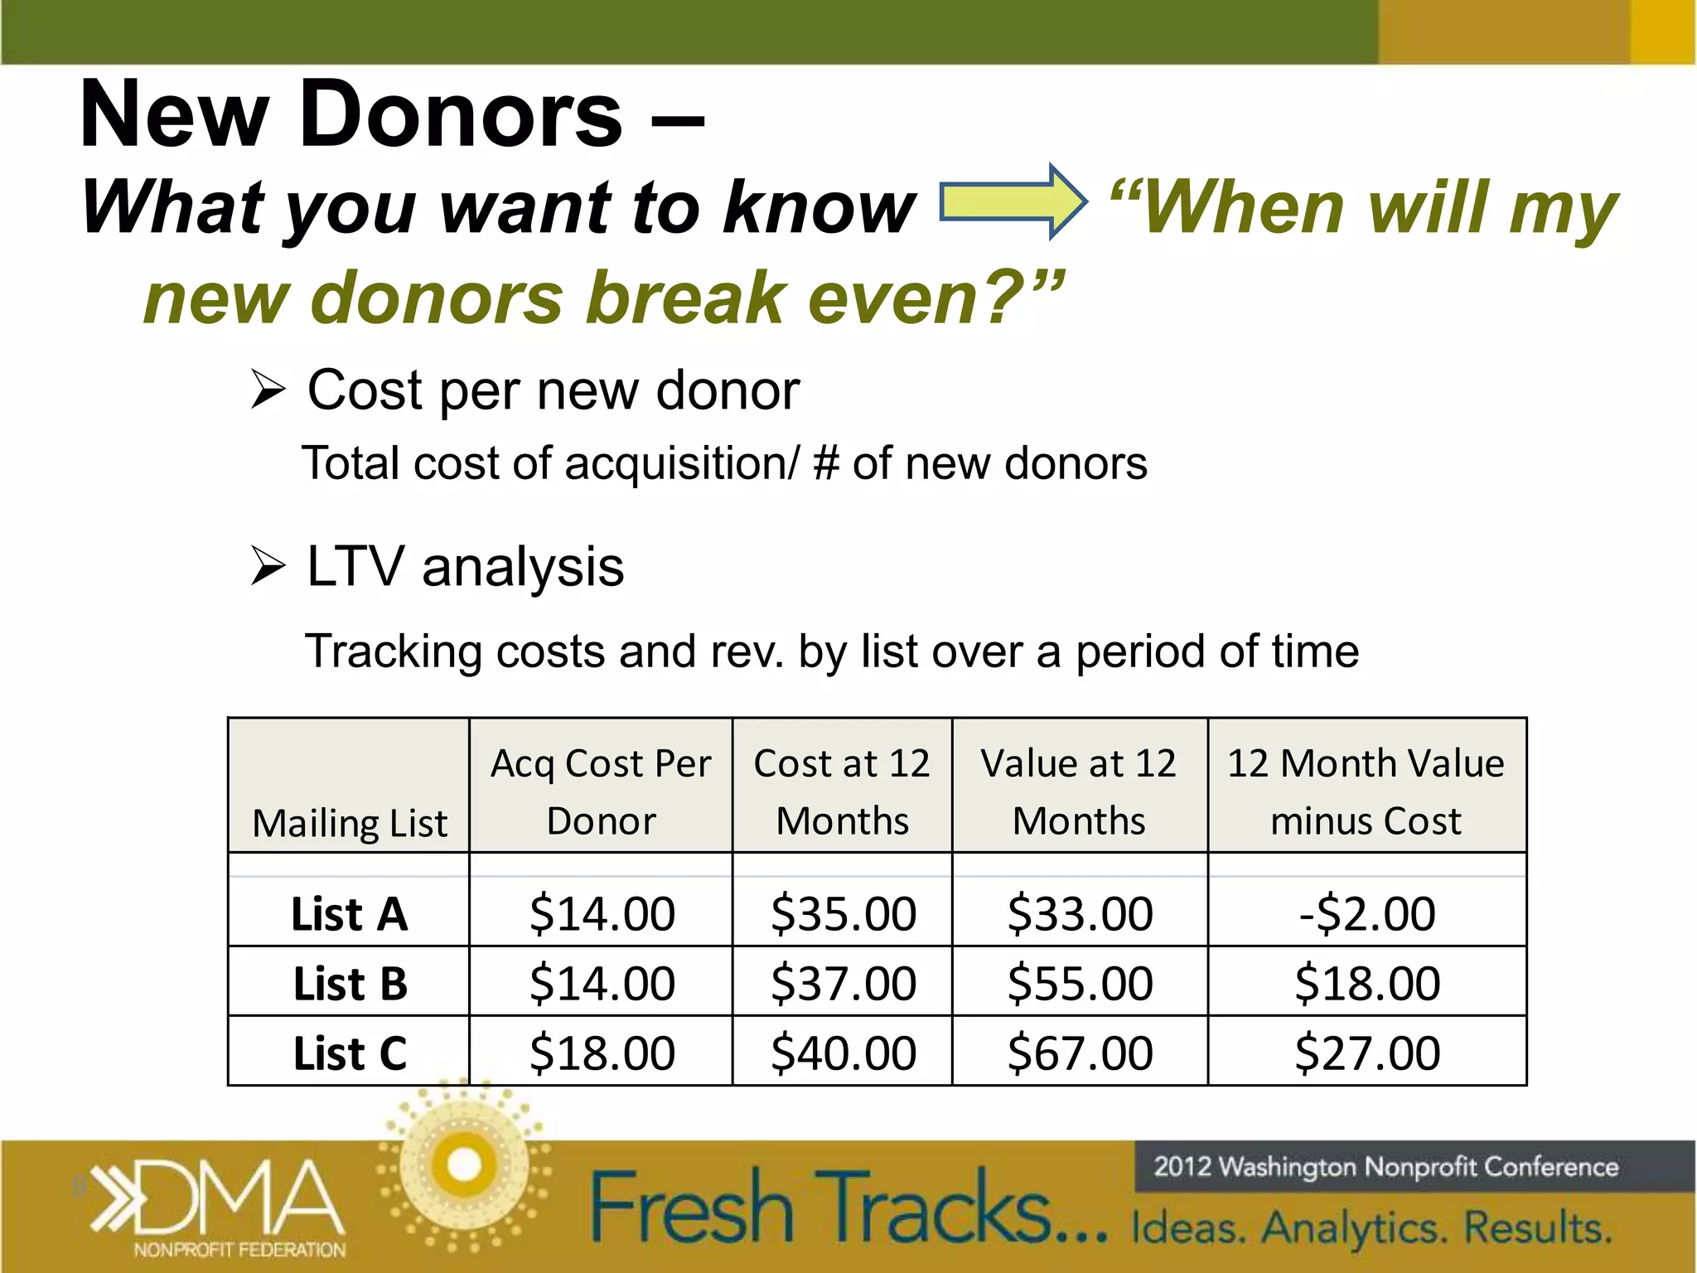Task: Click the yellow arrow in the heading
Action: tap(1012, 202)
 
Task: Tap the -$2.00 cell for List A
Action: tap(1367, 913)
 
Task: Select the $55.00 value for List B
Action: tap(1080, 984)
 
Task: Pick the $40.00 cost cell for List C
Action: tap(843, 1053)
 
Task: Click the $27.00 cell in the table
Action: tap(1367, 1053)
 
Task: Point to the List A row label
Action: tap(350, 914)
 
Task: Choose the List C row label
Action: tap(350, 1053)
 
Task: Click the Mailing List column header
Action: tap(350, 823)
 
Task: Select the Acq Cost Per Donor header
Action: tap(601, 791)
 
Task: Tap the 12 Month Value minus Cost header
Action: tap(1366, 791)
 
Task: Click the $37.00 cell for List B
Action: tap(843, 984)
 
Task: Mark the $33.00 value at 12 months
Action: tap(1080, 913)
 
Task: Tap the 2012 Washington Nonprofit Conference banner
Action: tap(1385, 1167)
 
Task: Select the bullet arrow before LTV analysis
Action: tap(268, 568)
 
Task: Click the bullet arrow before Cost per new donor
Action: tap(268, 390)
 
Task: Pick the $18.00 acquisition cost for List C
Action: tap(602, 1053)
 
